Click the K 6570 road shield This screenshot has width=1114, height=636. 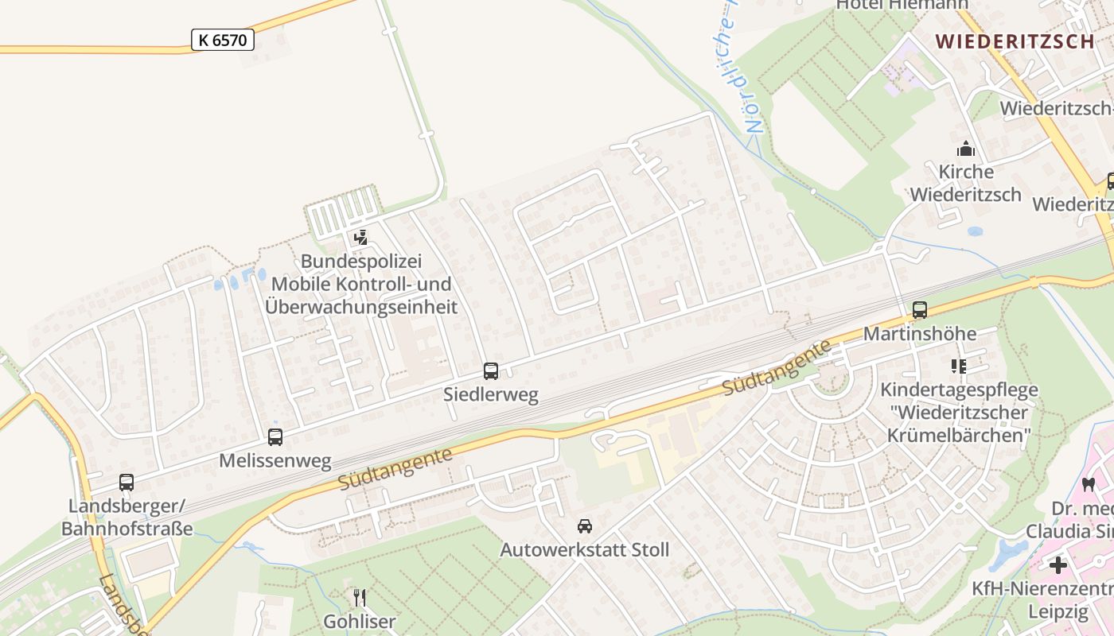(x=223, y=40)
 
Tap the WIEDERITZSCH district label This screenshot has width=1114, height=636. (x=1015, y=41)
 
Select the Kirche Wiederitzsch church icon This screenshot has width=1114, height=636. (x=966, y=149)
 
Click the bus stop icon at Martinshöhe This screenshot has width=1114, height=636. (x=920, y=310)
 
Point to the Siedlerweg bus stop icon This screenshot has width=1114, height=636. (x=491, y=371)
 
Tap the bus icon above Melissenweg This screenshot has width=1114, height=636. (x=275, y=436)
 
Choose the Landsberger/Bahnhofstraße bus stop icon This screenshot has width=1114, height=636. (x=127, y=483)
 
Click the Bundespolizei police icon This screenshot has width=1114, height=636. (x=360, y=237)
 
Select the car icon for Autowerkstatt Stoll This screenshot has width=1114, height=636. (x=585, y=526)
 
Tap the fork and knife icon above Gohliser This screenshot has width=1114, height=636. (x=360, y=597)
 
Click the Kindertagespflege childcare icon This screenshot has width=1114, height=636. (x=959, y=366)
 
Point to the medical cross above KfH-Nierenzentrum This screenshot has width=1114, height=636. (x=1058, y=565)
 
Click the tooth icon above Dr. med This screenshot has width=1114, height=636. (x=1089, y=484)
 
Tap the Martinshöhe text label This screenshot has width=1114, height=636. (x=920, y=333)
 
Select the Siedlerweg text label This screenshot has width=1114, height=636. (x=491, y=394)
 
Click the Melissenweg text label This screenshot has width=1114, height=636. (x=275, y=461)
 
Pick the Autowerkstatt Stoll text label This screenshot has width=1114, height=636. (x=585, y=549)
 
